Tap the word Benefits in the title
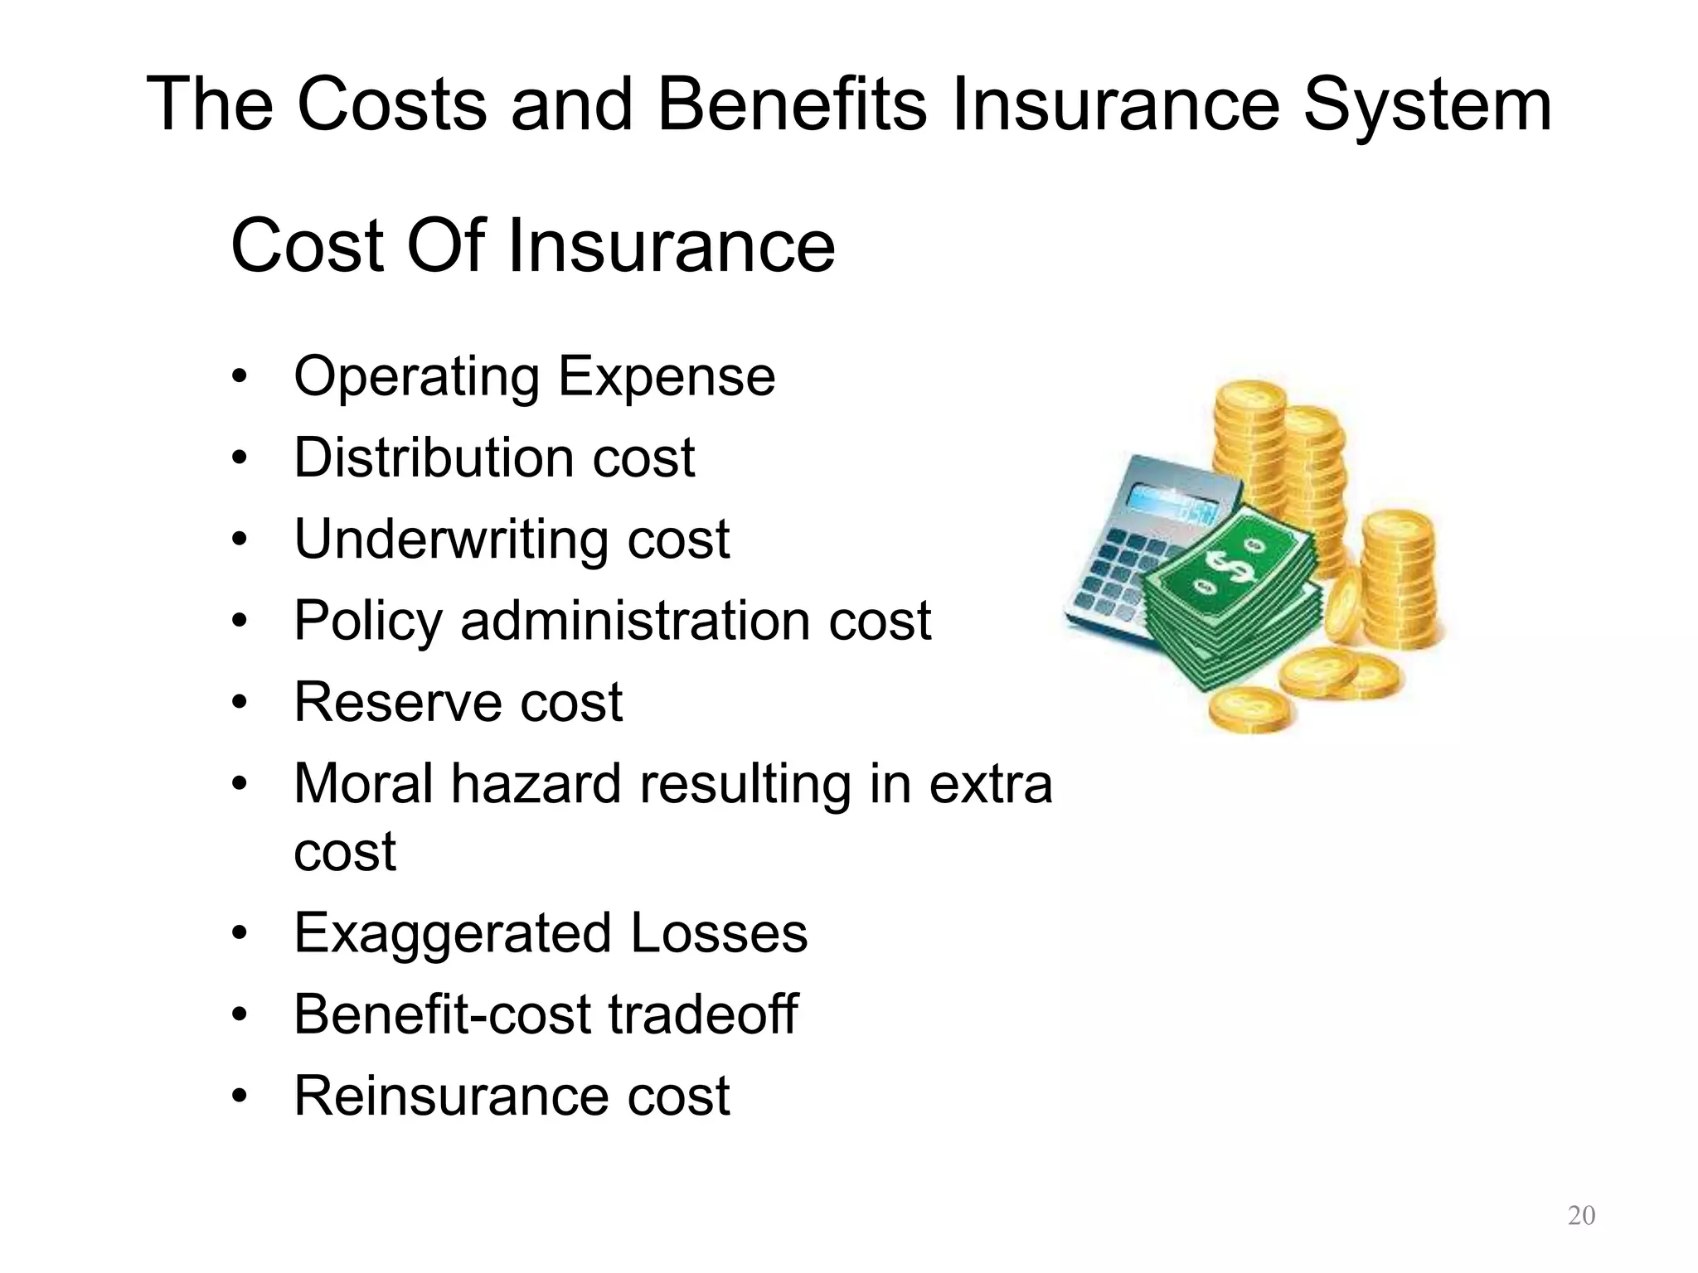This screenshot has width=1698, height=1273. point(791,104)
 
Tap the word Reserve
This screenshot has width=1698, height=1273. point(398,702)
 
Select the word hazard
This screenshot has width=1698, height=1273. point(536,784)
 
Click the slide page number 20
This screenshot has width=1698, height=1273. point(1581,1215)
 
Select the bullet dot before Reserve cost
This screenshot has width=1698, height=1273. point(240,703)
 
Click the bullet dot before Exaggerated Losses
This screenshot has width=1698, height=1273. point(240,934)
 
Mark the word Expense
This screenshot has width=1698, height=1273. point(667,378)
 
